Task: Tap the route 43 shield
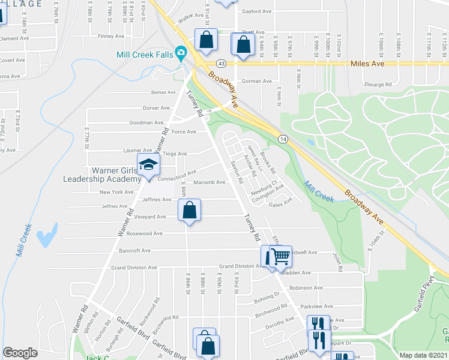221,63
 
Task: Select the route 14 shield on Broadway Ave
282,139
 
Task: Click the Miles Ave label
366,62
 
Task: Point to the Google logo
20,353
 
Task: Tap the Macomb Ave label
212,182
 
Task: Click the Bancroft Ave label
137,250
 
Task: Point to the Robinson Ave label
301,288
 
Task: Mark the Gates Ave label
280,204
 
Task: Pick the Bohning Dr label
267,294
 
